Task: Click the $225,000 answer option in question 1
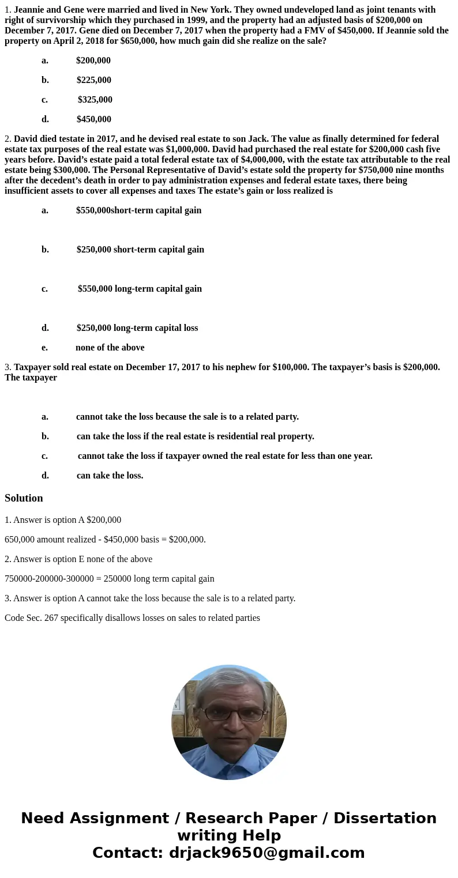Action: pyautogui.click(x=93, y=80)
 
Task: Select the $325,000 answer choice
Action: pyautogui.click(x=95, y=100)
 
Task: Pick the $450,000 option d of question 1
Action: pyautogui.click(x=93, y=119)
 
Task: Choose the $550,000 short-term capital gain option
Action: pyautogui.click(x=138, y=210)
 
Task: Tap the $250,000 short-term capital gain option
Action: pyautogui.click(x=140, y=250)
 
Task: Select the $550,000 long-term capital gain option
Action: pyautogui.click(x=140, y=289)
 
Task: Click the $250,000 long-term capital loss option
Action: pyautogui.click(x=137, y=328)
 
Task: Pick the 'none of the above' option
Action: pyautogui.click(x=110, y=348)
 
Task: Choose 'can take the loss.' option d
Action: pyautogui.click(x=110, y=476)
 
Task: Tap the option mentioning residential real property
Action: pyautogui.click(x=195, y=436)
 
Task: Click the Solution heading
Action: pyautogui.click(x=24, y=498)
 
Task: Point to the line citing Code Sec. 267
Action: pyautogui.click(x=132, y=618)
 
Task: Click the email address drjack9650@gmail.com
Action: pyautogui.click(x=266, y=853)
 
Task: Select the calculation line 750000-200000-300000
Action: pyautogui.click(x=109, y=579)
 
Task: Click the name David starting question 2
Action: pyautogui.click(x=26, y=139)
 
